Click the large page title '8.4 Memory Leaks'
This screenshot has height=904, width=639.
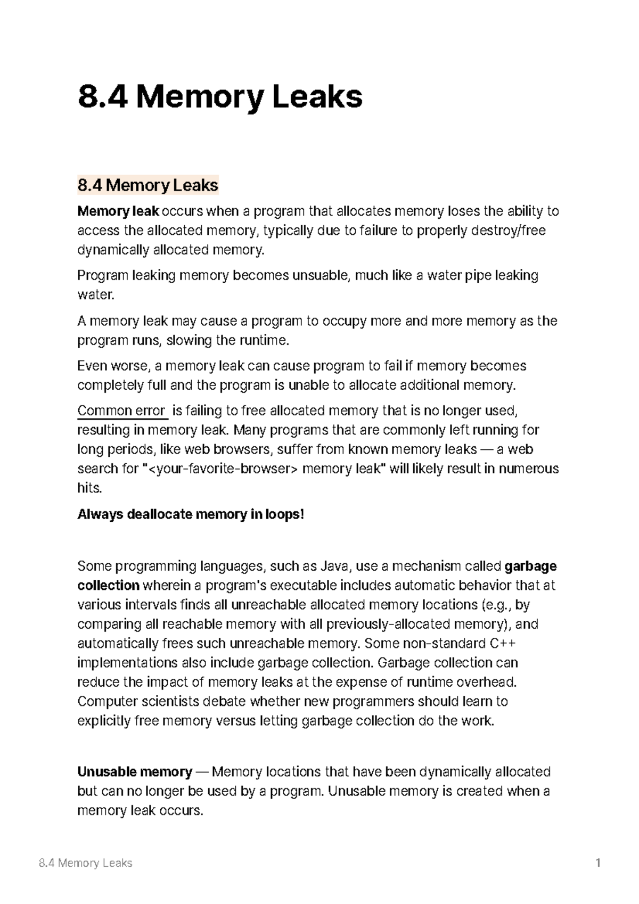219,97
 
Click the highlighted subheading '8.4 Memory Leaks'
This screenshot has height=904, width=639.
148,185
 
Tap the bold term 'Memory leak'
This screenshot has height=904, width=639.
118,211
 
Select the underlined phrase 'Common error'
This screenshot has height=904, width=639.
121,410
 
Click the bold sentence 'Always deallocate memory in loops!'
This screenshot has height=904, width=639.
191,515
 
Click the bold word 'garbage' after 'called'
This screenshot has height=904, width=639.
530,566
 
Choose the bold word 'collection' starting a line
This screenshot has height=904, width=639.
108,586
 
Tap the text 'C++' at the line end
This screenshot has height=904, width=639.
502,644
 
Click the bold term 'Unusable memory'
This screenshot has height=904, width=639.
134,772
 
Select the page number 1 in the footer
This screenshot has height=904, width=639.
599,863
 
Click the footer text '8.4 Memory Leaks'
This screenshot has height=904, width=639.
85,863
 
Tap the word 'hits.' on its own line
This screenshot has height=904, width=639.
89,488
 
